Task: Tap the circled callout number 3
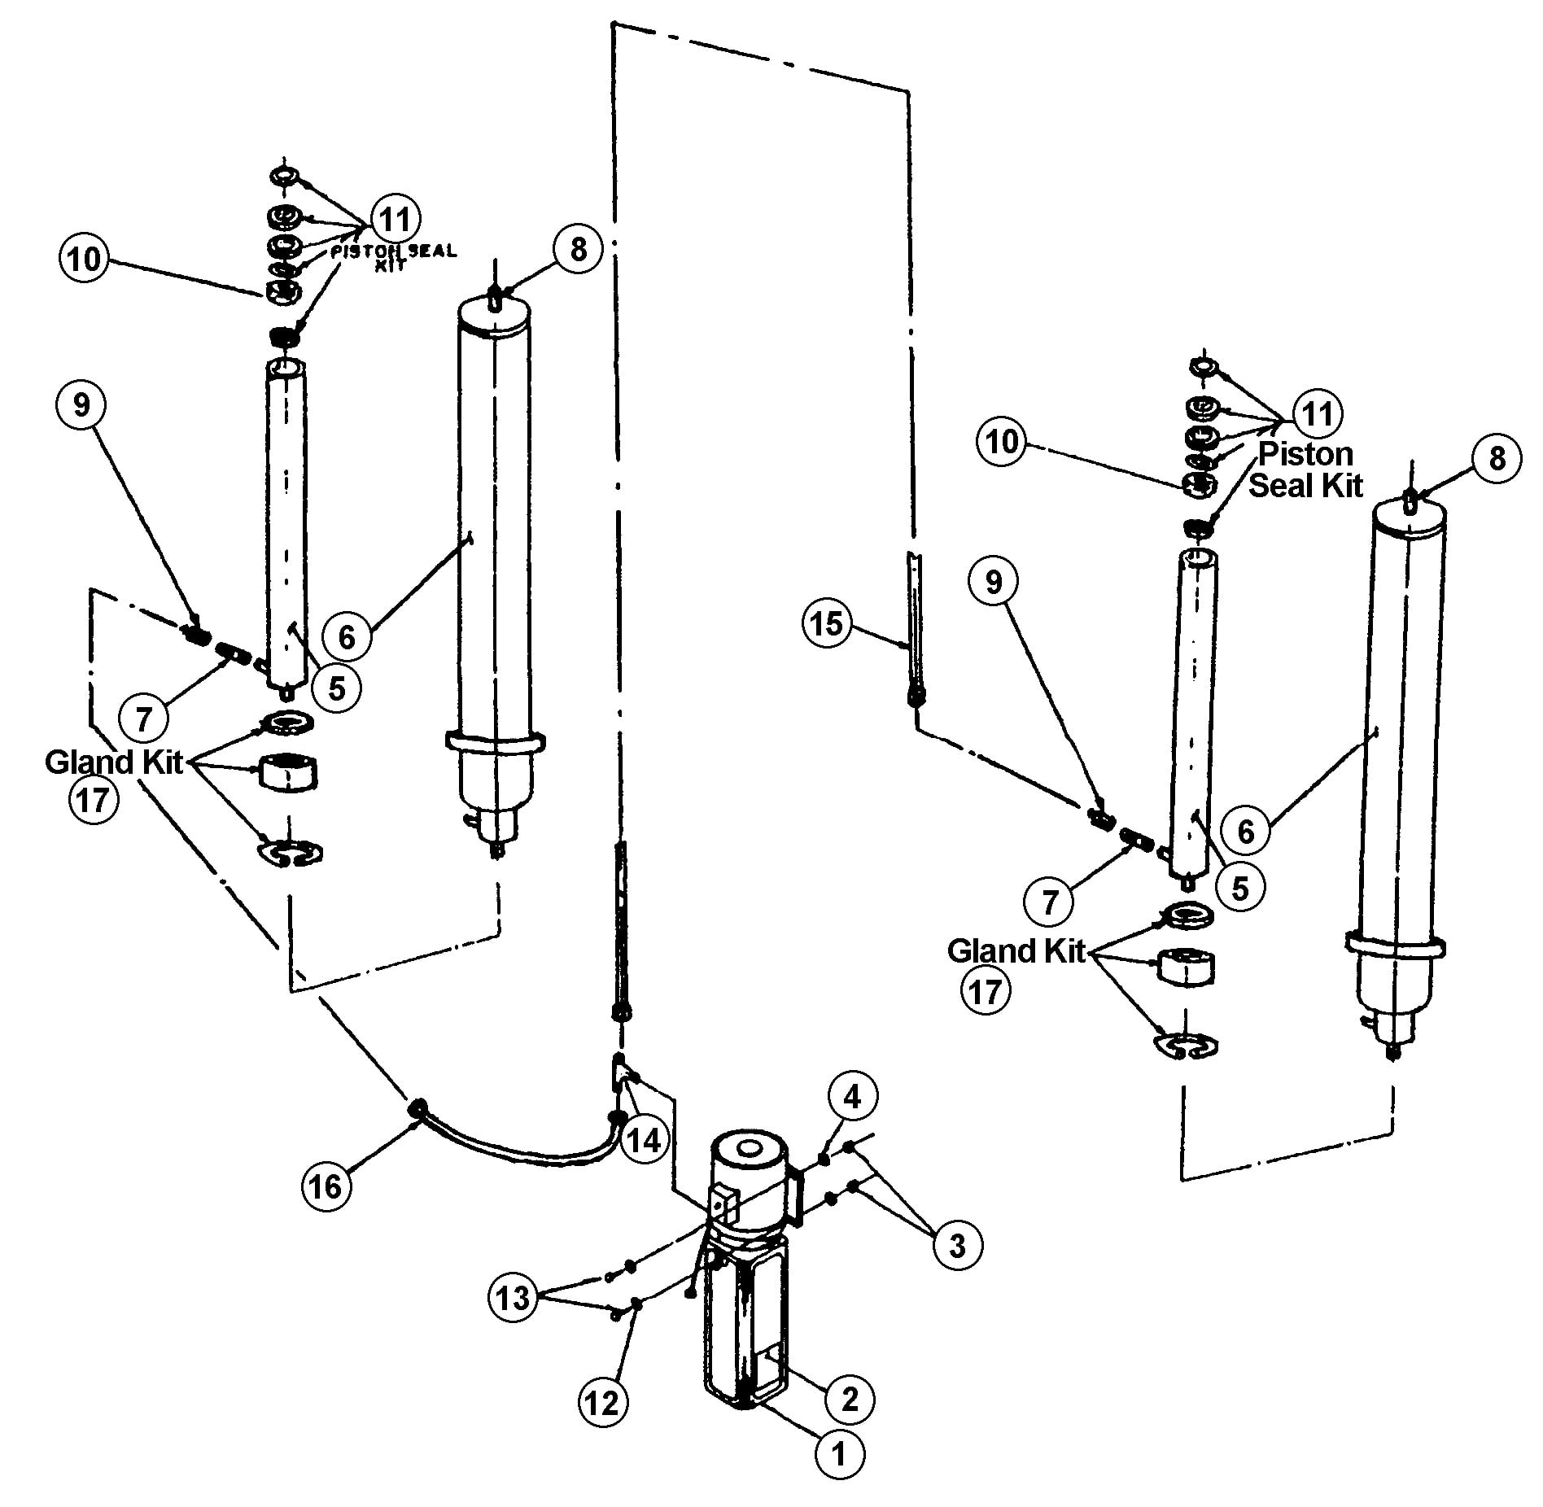point(957,1245)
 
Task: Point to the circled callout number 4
point(852,1097)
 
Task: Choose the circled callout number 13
point(513,1298)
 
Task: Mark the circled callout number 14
point(644,1140)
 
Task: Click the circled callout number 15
point(826,624)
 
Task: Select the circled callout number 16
point(326,1186)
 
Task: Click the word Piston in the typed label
point(1305,453)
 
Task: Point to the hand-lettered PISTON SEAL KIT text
point(393,257)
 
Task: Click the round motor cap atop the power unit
point(747,1151)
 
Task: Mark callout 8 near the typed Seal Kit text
point(1497,459)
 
